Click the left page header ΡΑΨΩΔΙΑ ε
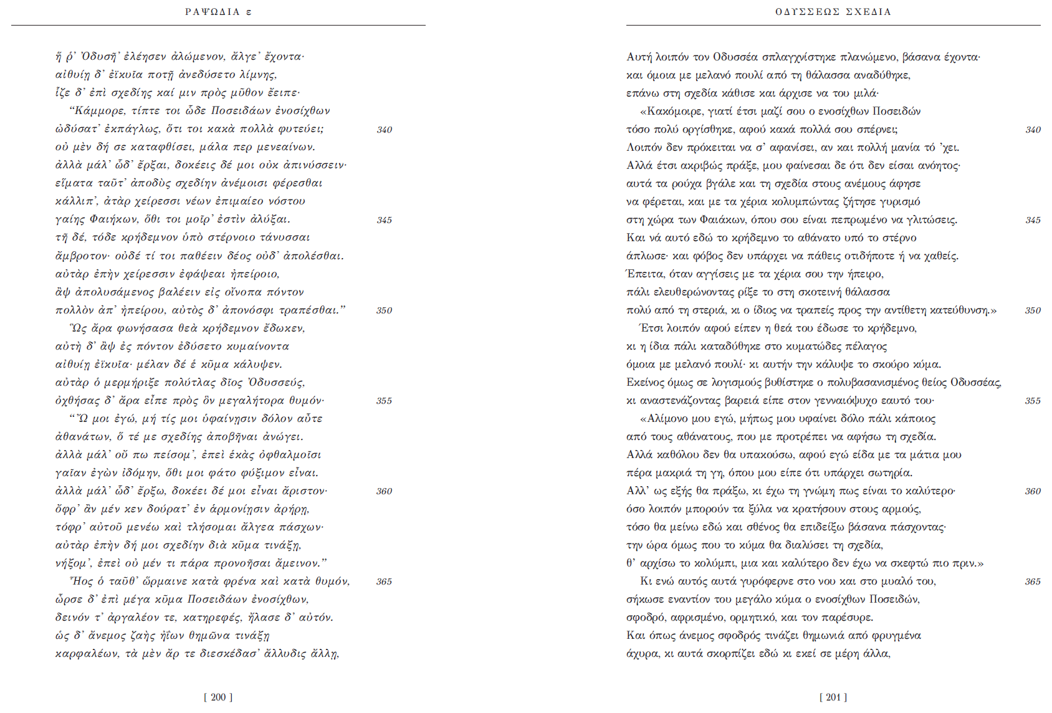(218, 12)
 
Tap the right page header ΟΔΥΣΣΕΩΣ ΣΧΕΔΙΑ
(833, 12)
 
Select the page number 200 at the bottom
(218, 697)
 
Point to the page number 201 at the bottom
(833, 697)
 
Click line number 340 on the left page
(385, 130)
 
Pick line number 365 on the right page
(1033, 581)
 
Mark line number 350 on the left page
(385, 310)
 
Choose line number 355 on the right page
(1033, 401)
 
